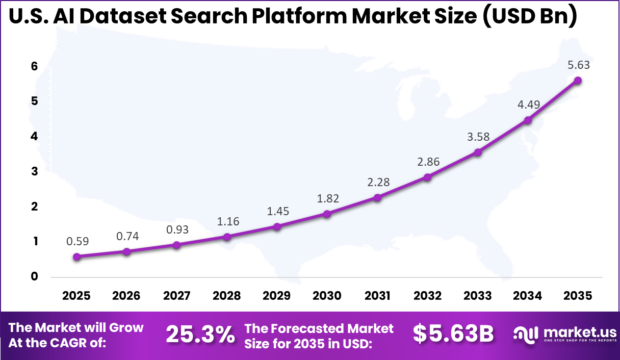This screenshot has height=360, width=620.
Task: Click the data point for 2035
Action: (578, 81)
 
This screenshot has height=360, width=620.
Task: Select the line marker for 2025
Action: (76, 257)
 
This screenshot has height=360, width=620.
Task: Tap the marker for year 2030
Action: (327, 214)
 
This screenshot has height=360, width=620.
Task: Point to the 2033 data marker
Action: (478, 152)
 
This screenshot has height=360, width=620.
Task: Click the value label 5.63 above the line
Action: (578, 65)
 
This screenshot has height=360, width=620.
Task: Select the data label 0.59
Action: (77, 242)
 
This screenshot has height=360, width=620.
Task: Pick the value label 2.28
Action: (378, 182)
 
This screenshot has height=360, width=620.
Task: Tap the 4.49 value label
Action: (528, 105)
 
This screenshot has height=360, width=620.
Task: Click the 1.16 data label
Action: (227, 221)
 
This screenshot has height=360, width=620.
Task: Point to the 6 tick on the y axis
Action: (34, 66)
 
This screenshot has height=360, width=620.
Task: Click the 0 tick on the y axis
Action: (34, 276)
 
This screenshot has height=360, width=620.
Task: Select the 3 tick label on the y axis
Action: (34, 171)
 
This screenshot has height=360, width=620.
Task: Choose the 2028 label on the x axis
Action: (227, 296)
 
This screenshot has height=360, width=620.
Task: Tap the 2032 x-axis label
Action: (427, 296)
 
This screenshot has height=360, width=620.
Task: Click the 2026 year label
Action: (126, 296)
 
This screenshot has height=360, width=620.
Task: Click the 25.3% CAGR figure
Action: (200, 335)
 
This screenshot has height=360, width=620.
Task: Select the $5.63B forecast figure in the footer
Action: (453, 335)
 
